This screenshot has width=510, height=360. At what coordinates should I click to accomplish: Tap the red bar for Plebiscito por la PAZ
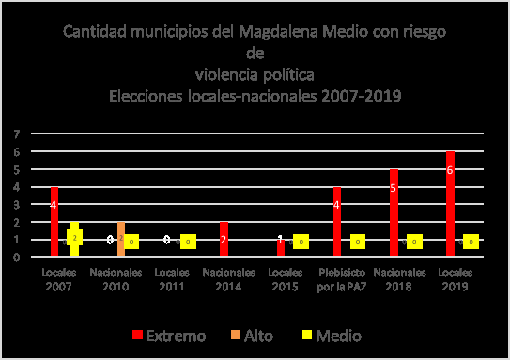click(x=337, y=222)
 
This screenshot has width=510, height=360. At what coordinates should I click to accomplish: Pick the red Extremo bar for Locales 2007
click(x=54, y=222)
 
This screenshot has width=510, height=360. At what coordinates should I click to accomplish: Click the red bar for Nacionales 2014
click(x=224, y=239)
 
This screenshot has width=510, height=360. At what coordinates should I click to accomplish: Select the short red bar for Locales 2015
click(x=281, y=247)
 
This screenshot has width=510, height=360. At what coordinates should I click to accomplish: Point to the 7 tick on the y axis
click(x=15, y=134)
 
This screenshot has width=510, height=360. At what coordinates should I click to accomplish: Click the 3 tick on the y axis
click(x=15, y=204)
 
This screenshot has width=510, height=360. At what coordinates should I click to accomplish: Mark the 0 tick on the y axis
click(x=15, y=257)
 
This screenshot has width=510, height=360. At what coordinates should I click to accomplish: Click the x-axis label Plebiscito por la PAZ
click(x=342, y=279)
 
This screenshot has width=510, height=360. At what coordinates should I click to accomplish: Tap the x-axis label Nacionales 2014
click(x=229, y=279)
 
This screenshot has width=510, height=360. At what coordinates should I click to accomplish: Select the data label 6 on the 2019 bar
click(x=451, y=170)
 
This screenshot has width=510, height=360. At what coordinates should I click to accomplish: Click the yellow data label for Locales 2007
click(x=75, y=238)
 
